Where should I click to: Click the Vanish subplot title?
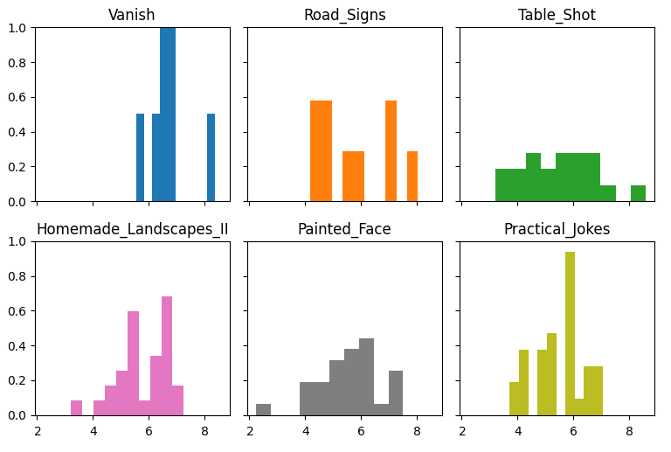coord(132,15)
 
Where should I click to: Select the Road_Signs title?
coord(344,15)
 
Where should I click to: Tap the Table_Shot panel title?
coord(557,15)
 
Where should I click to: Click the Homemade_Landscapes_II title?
coord(132,229)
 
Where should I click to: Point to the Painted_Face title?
coord(344,229)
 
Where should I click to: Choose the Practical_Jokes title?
coord(557,229)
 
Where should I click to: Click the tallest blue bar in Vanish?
coord(168,114)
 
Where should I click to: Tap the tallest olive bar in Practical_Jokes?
coord(570,333)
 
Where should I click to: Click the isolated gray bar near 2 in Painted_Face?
coord(263,409)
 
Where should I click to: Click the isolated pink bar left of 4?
coord(77,407)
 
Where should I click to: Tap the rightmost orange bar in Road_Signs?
coord(412,177)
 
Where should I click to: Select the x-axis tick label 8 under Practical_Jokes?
coord(629,431)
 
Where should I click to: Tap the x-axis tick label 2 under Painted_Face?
coord(250,431)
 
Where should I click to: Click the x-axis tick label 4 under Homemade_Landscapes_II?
coord(93,431)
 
